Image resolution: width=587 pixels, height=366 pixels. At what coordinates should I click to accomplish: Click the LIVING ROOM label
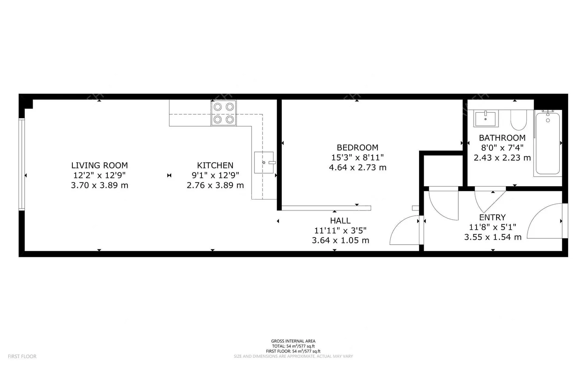pyautogui.click(x=100, y=165)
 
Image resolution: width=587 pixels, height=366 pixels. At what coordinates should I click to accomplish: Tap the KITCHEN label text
pyautogui.click(x=215, y=165)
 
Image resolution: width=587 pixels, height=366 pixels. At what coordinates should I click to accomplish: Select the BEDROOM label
pyautogui.click(x=357, y=148)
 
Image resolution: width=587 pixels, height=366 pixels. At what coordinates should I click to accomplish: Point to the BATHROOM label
pyautogui.click(x=502, y=138)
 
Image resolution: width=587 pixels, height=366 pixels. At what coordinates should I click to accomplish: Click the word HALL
pyautogui.click(x=340, y=221)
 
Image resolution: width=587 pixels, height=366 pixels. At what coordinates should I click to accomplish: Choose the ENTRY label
pyautogui.click(x=492, y=217)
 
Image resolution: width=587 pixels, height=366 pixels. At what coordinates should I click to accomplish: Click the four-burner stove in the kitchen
pyautogui.click(x=224, y=113)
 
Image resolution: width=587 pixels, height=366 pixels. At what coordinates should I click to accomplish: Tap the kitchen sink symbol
pyautogui.click(x=264, y=162)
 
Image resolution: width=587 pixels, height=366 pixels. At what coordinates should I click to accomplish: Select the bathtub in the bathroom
pyautogui.click(x=548, y=143)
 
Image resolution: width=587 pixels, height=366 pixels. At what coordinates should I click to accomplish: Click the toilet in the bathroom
pyautogui.click(x=519, y=120)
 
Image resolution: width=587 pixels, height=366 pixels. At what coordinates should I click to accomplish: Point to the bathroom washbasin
pyautogui.click(x=485, y=118)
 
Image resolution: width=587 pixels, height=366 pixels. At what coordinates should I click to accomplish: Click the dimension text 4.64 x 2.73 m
pyautogui.click(x=358, y=168)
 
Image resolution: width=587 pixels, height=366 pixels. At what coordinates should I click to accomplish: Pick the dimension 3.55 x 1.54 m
pyautogui.click(x=493, y=237)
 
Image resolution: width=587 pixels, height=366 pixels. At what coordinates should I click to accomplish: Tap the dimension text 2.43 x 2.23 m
pyautogui.click(x=502, y=158)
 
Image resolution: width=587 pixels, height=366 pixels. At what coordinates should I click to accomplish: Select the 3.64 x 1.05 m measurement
pyautogui.click(x=340, y=240)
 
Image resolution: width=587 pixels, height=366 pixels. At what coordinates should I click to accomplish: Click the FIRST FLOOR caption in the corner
pyautogui.click(x=22, y=357)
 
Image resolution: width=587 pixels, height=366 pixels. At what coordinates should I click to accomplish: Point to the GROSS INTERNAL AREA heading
pyautogui.click(x=293, y=341)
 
